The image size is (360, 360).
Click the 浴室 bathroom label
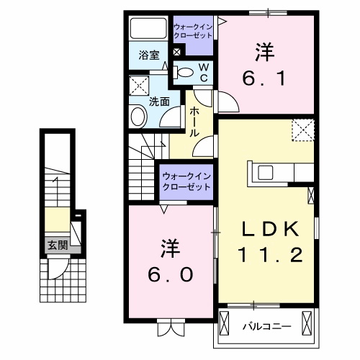pos(148,54)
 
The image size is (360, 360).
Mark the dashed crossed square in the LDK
pos(302,130)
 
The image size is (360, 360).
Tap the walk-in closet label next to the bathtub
pos(192,31)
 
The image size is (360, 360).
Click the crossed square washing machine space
pos(139,86)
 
